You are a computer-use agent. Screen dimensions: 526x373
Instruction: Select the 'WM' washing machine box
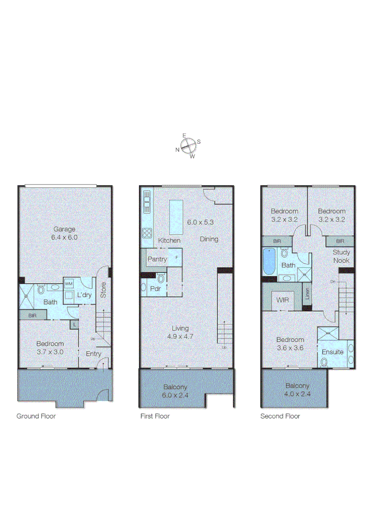pos(68,283)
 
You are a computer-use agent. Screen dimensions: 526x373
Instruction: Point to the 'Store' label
pos(103,290)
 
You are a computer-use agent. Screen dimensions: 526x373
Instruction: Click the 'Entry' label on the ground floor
pos(94,354)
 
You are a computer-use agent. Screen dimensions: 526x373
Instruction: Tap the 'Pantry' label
pos(157,259)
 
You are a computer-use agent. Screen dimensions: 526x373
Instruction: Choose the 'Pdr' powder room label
pos(156,288)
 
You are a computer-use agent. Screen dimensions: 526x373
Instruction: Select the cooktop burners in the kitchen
pos(147,232)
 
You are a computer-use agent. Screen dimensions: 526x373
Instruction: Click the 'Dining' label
pos(209,239)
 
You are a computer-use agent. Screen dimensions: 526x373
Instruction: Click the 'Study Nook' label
pos(341,256)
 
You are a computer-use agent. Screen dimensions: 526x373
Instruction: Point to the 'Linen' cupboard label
pos(307,294)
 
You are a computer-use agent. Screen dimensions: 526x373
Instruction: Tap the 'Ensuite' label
pos(333,352)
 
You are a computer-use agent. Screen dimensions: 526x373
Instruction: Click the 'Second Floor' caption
pos(280,416)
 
